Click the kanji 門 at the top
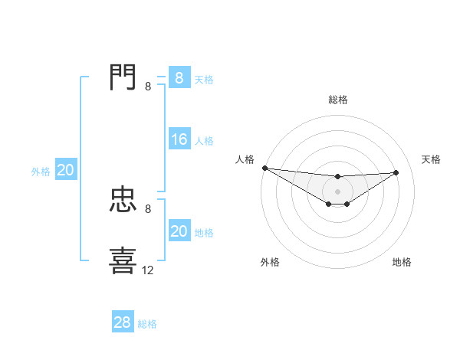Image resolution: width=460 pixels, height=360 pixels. point(123,77)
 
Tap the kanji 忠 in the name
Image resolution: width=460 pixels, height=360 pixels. point(123,200)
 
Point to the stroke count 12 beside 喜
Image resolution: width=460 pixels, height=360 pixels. point(148,270)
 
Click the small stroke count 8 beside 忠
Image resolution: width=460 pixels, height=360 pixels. point(148,208)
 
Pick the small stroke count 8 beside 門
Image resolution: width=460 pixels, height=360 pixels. point(148,86)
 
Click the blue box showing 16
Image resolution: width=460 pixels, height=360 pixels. point(179,139)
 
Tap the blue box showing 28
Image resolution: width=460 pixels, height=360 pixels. point(123,322)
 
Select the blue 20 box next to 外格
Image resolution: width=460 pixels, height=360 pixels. point(65,171)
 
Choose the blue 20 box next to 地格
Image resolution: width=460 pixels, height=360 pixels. point(179,231)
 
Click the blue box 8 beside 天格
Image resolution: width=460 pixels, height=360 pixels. point(179,77)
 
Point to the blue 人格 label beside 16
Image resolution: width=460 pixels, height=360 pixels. point(204,141)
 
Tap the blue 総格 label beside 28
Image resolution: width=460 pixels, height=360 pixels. point(147,324)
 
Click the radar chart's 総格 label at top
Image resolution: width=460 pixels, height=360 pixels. point(337,100)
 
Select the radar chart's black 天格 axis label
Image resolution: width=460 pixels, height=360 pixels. point(432,159)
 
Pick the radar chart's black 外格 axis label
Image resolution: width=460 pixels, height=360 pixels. point(270,262)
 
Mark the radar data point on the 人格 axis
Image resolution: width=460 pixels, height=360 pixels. point(264,168)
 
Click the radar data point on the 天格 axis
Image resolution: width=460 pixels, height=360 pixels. point(396,172)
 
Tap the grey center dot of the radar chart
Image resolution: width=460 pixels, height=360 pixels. point(337,191)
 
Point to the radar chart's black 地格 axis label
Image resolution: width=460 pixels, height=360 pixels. point(402,262)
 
